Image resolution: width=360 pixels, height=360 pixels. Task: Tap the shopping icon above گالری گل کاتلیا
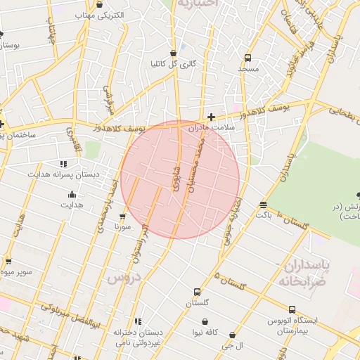[x=174, y=53]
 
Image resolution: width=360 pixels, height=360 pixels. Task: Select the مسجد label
[x=247, y=69]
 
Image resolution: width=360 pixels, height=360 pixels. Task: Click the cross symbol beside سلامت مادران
[x=211, y=117]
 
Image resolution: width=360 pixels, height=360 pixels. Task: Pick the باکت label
[x=264, y=214]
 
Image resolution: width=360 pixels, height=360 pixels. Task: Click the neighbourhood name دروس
[x=124, y=278]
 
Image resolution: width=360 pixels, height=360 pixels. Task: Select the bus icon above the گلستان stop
[x=197, y=292]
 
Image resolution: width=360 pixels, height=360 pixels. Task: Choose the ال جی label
[x=232, y=346]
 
